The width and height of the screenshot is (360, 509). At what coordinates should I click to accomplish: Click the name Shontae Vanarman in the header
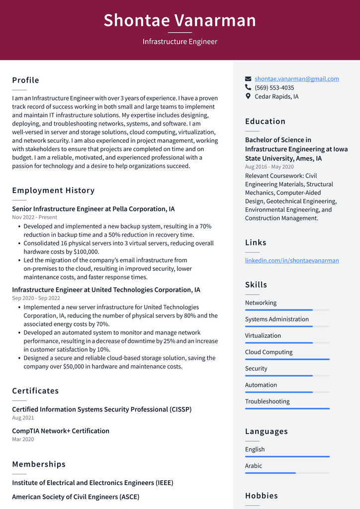coord(180,20)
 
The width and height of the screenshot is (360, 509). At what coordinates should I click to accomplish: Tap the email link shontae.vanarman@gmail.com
coord(296,79)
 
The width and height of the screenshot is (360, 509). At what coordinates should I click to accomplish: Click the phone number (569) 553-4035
coord(274,88)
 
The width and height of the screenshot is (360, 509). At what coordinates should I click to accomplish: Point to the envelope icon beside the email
coord(248,79)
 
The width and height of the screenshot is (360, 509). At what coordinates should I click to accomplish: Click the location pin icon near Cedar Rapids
coord(248,97)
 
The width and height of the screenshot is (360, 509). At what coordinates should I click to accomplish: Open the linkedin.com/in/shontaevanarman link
coord(292,260)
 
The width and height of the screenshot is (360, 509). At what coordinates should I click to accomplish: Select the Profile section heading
coord(25,80)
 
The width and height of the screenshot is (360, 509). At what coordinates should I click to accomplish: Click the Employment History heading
coord(53,190)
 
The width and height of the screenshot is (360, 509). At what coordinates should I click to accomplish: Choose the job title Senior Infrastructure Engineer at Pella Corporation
coord(93,209)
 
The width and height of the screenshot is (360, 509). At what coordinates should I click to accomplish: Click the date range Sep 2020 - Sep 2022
coord(36,298)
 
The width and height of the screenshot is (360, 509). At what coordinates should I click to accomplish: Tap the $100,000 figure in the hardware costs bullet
coord(86,252)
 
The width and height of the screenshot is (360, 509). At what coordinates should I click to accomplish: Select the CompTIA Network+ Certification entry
coord(61,431)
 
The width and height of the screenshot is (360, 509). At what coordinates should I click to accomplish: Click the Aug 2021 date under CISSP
coord(23,418)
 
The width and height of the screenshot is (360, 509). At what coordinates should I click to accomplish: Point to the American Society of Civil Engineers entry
coord(76,497)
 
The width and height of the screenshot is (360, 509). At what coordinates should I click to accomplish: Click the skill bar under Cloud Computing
coord(287,359)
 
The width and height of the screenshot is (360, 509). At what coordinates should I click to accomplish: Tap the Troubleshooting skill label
coord(267,402)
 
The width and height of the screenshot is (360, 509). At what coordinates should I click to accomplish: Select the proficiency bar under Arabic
coord(287,473)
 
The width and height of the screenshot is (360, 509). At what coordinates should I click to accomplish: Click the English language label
coord(255,449)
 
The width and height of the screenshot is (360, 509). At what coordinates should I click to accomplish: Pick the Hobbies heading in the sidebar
coord(261,496)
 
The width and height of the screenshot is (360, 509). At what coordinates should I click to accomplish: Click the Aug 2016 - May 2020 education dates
coord(269,167)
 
